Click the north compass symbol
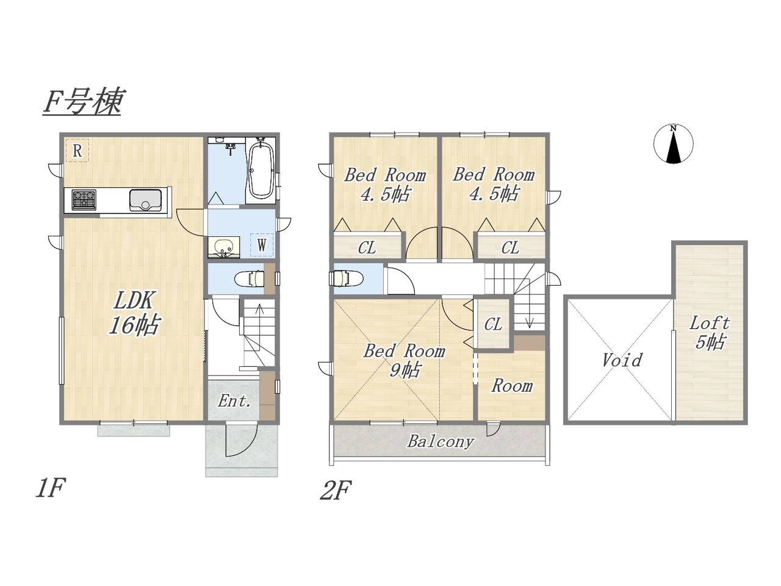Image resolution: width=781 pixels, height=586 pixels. pyautogui.click(x=673, y=144)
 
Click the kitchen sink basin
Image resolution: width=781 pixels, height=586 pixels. pyautogui.click(x=145, y=200)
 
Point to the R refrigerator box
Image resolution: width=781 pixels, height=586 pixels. pyautogui.click(x=77, y=151)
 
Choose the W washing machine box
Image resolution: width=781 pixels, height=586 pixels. pyautogui.click(x=262, y=245)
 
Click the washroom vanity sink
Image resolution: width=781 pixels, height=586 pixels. pyautogui.click(x=223, y=247)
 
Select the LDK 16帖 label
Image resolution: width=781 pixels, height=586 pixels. pyautogui.click(x=134, y=313)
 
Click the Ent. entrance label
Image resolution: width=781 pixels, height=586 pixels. pyautogui.click(x=234, y=401)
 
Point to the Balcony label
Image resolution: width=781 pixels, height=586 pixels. pyautogui.click(x=441, y=441)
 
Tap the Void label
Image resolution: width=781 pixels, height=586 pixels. pyautogui.click(x=622, y=360)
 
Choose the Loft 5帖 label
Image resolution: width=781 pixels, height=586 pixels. pyautogui.click(x=710, y=333)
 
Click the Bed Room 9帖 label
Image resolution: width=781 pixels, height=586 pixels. pyautogui.click(x=404, y=360)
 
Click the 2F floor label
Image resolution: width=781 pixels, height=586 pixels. pyautogui.click(x=336, y=490)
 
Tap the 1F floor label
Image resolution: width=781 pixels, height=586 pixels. pyautogui.click(x=50, y=488)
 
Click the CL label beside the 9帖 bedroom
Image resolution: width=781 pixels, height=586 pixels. pyautogui.click(x=493, y=324)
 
